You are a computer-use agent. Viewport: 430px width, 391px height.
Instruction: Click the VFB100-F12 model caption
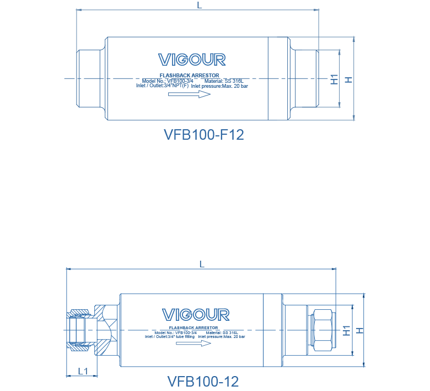click(x=204, y=135)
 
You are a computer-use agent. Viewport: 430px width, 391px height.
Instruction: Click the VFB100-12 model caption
click(x=203, y=382)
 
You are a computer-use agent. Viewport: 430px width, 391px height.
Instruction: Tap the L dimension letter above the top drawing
click(x=200, y=5)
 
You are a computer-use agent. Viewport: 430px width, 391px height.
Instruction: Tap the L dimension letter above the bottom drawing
click(x=202, y=265)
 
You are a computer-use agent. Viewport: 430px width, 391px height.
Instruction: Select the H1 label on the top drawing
click(x=334, y=79)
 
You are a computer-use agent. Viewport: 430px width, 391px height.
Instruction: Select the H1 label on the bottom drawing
click(x=346, y=330)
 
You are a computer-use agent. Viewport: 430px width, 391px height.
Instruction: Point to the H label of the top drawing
click(x=348, y=80)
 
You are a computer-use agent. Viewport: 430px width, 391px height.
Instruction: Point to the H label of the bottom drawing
click(x=359, y=330)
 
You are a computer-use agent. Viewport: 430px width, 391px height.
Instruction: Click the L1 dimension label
click(x=82, y=371)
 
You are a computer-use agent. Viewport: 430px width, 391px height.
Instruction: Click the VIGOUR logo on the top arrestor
click(x=192, y=60)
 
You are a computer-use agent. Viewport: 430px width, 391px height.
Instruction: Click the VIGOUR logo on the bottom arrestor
click(x=196, y=314)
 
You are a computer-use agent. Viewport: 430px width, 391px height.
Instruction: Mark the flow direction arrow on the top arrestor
click(x=190, y=94)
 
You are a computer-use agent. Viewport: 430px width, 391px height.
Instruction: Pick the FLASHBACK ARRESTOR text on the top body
click(x=190, y=75)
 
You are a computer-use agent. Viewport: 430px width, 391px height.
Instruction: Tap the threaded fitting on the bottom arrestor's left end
click(x=80, y=330)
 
